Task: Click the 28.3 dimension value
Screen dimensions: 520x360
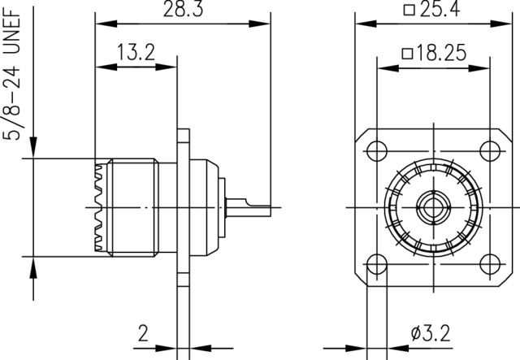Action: pyautogui.click(x=183, y=9)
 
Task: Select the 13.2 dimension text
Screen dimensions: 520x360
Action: pyautogui.click(x=136, y=52)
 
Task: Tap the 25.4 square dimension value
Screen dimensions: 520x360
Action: pyautogui.click(x=440, y=9)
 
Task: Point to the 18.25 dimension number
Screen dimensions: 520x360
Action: pyautogui.click(x=441, y=53)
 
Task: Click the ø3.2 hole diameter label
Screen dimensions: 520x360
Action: pyautogui.click(x=431, y=333)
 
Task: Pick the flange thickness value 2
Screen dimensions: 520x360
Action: pyautogui.click(x=143, y=333)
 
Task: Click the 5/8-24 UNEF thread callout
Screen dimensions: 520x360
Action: pyautogui.click(x=12, y=75)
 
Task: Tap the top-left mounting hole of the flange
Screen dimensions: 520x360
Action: pyautogui.click(x=377, y=151)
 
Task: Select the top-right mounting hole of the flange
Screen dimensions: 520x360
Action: pyautogui.click(x=490, y=151)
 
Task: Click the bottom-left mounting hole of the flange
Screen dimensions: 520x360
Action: pyautogui.click(x=377, y=264)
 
